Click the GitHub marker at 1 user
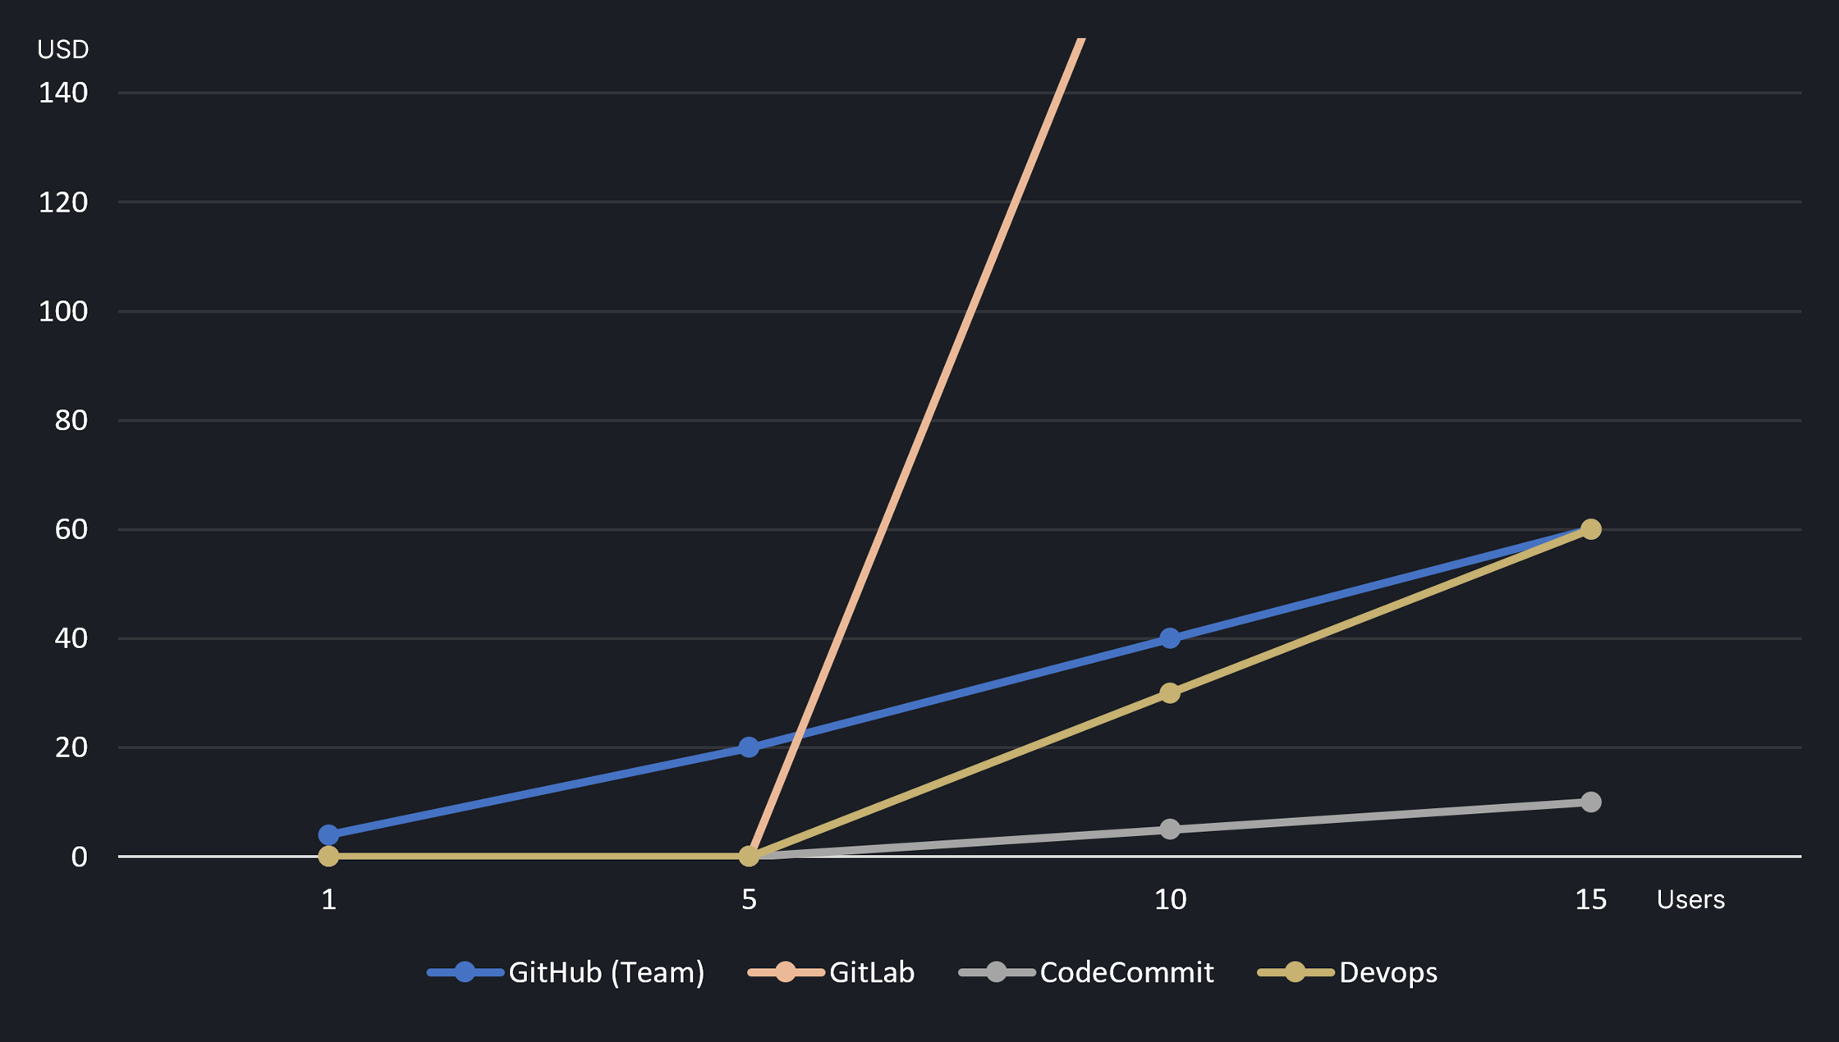coord(328,834)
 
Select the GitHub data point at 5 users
coord(749,747)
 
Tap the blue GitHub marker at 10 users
coord(1170,638)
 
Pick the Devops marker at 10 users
coord(1170,693)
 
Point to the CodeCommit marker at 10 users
coord(1170,829)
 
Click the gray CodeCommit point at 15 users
coord(1590,802)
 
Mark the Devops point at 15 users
coord(1590,529)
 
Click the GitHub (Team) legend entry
coord(566,972)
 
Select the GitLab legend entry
coord(831,972)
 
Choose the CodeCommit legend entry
coord(1086,972)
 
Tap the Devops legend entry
coord(1347,972)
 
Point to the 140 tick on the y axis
coord(63,93)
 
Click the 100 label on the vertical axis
coord(63,311)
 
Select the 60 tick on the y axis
coord(71,529)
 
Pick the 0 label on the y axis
coord(79,857)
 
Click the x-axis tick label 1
coord(328,900)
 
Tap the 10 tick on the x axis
coord(1170,900)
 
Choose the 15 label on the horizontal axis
coord(1590,900)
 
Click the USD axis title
coord(63,50)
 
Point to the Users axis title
coord(1690,900)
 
